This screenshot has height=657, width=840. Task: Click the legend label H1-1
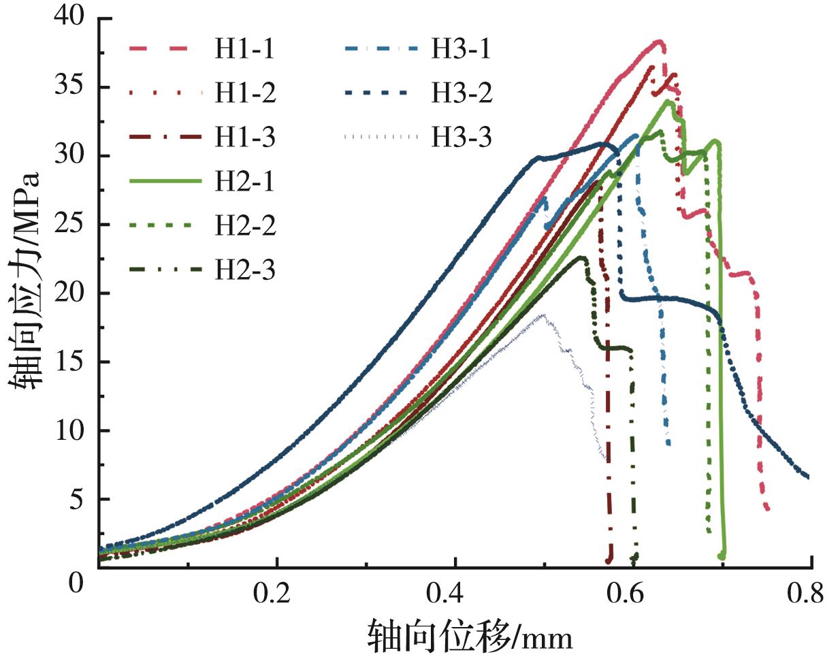coord(245,49)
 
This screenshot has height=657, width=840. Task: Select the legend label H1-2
coord(245,93)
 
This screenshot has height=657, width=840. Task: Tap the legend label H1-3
coord(245,137)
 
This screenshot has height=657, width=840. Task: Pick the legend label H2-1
coord(245,181)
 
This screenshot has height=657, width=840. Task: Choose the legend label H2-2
coord(245,225)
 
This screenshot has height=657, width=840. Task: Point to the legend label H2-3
coord(245,270)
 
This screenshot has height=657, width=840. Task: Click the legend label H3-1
coord(461,49)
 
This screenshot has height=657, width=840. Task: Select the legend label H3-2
coord(461,93)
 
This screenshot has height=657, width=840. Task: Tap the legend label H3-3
coord(461,137)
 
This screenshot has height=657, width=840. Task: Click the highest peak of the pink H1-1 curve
coord(658,42)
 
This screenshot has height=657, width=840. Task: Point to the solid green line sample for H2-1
coord(165,181)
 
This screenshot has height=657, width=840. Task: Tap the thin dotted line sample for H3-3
coord(381,137)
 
